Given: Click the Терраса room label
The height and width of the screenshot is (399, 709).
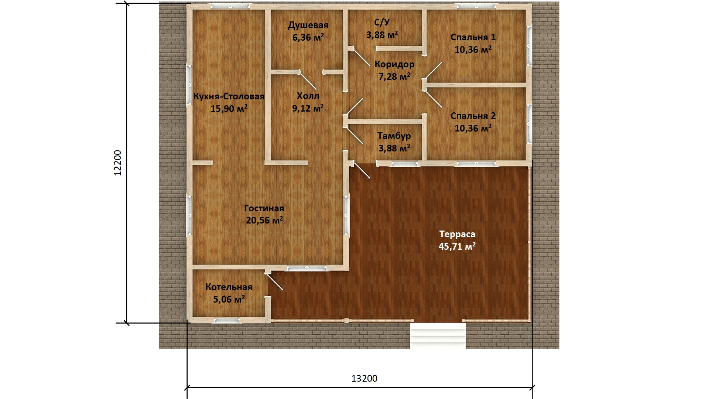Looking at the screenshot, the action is [457, 234].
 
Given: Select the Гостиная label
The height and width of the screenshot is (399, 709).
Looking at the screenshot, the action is [264, 208].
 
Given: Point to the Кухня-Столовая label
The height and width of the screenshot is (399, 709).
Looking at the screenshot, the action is [229, 96].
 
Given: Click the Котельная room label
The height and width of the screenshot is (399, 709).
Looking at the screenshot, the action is [229, 287].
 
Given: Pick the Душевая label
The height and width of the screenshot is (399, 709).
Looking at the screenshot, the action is [308, 25].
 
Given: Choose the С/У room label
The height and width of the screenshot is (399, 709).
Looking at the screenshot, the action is [382, 23].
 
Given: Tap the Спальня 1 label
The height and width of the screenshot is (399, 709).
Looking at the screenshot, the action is [473, 37].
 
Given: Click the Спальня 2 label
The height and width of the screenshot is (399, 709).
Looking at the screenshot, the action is [473, 116].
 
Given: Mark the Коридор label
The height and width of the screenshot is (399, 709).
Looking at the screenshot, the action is [394, 64].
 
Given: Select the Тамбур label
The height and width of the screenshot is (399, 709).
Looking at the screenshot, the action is [394, 136].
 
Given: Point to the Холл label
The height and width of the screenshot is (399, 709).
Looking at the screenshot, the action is [308, 96].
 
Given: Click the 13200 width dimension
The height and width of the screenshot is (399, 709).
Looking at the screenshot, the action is [364, 379].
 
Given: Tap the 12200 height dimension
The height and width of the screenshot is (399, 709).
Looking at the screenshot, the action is [117, 163].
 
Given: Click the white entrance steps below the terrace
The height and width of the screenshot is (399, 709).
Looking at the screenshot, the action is [438, 335].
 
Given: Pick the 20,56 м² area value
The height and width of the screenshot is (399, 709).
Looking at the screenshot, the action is [264, 221].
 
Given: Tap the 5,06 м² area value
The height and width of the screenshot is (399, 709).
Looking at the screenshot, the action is [229, 299].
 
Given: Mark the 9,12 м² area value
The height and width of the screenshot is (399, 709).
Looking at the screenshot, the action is [308, 108].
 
